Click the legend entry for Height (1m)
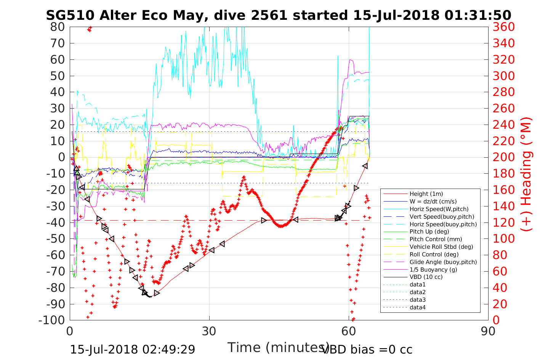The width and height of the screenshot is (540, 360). (426, 194)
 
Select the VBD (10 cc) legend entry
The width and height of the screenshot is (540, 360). (426, 277)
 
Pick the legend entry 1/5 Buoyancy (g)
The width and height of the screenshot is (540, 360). (433, 270)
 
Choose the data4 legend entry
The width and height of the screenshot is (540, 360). (417, 307)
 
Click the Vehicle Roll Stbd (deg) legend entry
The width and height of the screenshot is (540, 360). (441, 247)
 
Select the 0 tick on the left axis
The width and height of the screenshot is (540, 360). (61, 157)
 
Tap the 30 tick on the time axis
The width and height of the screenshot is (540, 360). (209, 331)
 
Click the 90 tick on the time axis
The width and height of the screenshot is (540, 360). (488, 331)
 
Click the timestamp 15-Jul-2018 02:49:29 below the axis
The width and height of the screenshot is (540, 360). (132, 349)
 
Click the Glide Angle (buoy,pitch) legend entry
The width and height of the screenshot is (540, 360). (443, 262)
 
